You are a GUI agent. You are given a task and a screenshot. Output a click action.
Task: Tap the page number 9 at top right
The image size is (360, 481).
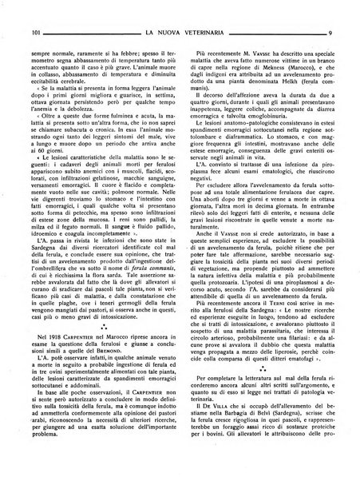(x=329, y=11)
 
